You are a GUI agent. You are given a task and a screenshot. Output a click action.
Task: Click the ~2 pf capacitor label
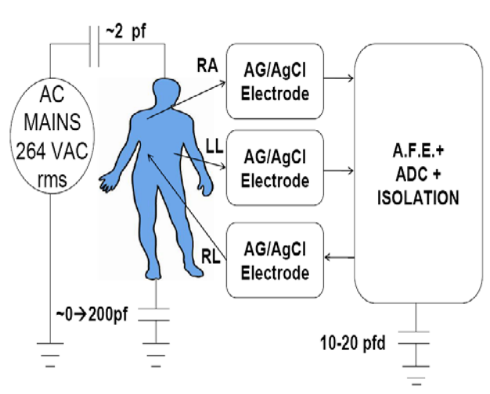click(125, 32)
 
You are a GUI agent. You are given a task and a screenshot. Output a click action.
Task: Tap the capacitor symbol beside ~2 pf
click(95, 46)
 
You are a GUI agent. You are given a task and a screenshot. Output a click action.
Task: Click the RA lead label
click(207, 66)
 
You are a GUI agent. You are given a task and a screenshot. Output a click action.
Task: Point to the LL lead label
click(214, 146)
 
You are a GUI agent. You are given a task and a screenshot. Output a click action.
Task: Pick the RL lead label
click(211, 257)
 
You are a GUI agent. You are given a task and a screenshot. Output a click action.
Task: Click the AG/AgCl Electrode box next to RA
click(275, 81)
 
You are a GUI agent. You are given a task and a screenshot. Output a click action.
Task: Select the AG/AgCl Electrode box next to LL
click(275, 168)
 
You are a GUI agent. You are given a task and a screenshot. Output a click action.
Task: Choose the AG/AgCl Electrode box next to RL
click(275, 260)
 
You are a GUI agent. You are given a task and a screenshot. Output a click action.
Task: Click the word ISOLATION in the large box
click(418, 198)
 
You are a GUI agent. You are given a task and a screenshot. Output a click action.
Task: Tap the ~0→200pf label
click(92, 314)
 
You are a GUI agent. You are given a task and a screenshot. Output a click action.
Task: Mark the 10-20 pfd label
click(353, 343)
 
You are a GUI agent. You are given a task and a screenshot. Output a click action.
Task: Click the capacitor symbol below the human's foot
click(153, 315)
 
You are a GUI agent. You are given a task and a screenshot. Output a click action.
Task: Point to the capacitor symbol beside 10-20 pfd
click(414, 338)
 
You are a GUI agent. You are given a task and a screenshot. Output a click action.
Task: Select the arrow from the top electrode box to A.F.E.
click(339, 78)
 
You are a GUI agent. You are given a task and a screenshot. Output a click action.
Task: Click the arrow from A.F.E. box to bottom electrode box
click(340, 258)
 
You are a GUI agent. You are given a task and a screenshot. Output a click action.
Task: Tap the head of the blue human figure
click(167, 91)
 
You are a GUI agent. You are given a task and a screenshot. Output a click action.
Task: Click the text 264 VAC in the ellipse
click(52, 151)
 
